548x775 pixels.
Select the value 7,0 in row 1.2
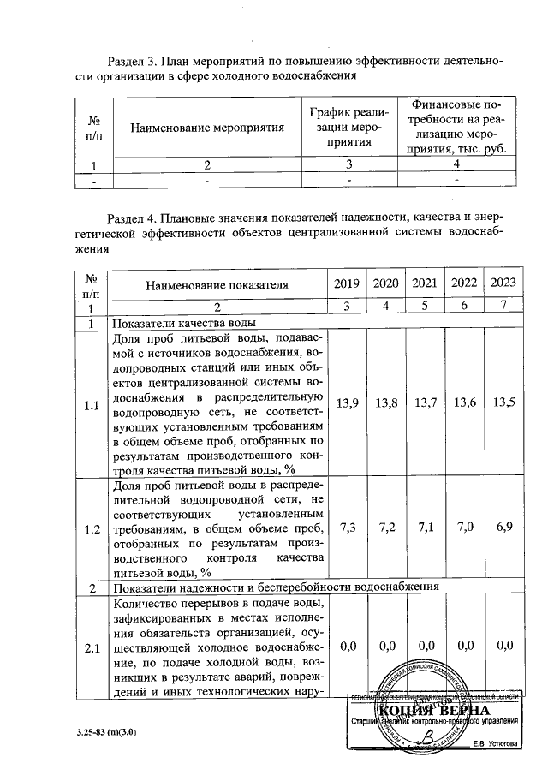463,530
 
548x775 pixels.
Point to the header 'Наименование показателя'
217,284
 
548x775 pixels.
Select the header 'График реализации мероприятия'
348,128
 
